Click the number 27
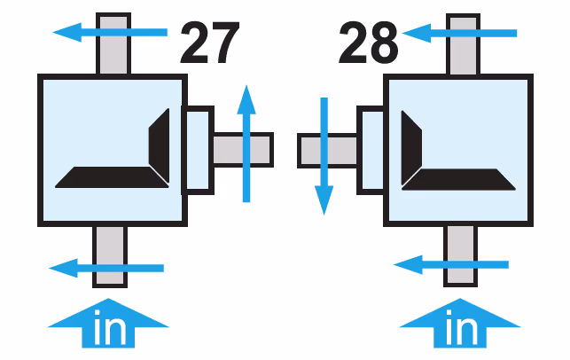(x=210, y=42)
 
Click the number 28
(x=368, y=43)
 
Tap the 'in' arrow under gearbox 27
(x=108, y=324)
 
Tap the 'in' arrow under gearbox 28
(x=460, y=324)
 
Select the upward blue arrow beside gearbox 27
(x=246, y=144)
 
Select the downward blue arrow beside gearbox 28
(x=324, y=156)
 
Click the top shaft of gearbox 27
(x=113, y=43)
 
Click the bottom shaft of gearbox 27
(x=110, y=256)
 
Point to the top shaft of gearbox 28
(x=463, y=44)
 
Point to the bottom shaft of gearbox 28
(x=461, y=256)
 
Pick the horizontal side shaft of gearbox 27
(x=243, y=150)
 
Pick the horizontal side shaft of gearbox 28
(x=327, y=151)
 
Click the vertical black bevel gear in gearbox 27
(x=160, y=145)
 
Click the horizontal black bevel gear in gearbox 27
(x=112, y=177)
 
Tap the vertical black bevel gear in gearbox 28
(x=411, y=148)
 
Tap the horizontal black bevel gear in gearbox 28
(x=458, y=179)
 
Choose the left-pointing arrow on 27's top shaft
(x=110, y=32)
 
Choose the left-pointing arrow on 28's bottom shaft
(x=451, y=265)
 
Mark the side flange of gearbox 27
(x=198, y=150)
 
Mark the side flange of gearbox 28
(x=371, y=150)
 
